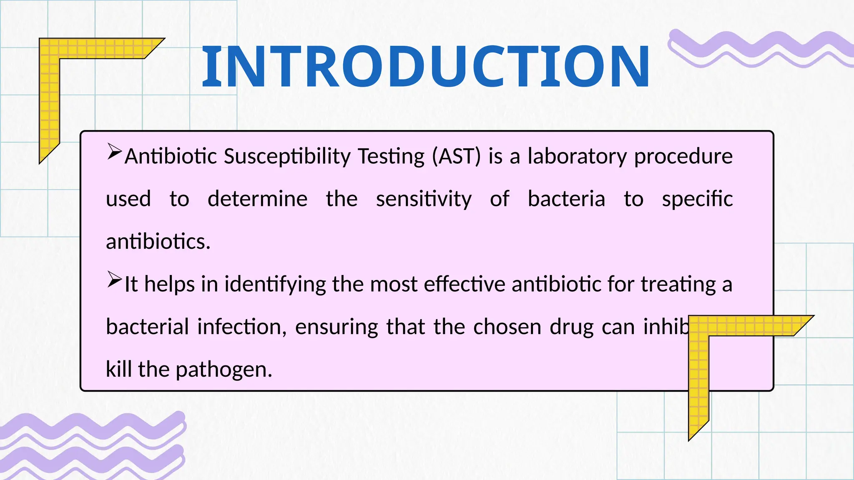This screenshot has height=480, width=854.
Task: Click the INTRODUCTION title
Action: [425, 67]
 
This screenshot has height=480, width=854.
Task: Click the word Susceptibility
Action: [287, 157]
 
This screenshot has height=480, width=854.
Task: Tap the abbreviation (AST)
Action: [456, 157]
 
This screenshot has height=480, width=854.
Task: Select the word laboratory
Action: [577, 157]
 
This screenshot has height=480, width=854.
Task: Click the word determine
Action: [257, 199]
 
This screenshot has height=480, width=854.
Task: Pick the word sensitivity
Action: [424, 199]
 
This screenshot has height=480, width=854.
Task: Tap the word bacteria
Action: [566, 199]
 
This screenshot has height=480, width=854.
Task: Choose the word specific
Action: [697, 199]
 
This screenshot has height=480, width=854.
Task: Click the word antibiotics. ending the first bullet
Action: [158, 242]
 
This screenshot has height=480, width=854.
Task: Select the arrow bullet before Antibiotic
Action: [114, 151]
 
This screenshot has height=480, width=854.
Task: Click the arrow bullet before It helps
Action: [114, 279]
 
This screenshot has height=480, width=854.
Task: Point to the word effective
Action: [465, 285]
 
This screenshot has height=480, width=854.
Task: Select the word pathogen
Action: [224, 370]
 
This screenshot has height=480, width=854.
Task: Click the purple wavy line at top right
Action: [759, 48]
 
